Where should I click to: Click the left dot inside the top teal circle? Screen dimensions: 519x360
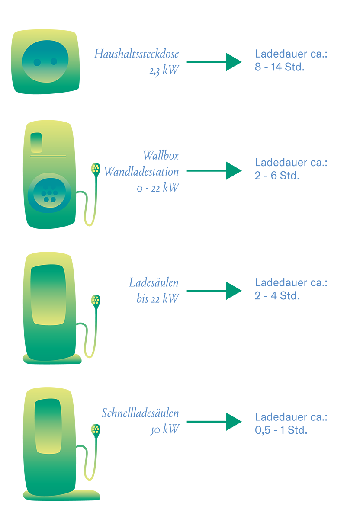pyautogui.click(x=37, y=62)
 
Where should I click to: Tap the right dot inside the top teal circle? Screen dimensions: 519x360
pyautogui.click(x=54, y=61)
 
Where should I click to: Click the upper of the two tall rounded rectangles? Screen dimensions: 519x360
pyautogui.click(x=48, y=294)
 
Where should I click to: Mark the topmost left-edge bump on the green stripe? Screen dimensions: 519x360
pyautogui.click(x=185, y=58)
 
